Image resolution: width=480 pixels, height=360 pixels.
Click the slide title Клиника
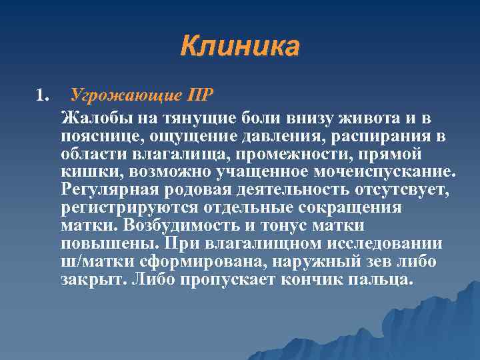pyautogui.click(x=240, y=47)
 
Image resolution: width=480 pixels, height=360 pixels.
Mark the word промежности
pyautogui.click(x=293, y=154)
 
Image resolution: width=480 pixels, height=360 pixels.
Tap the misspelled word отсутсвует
pyautogui.click(x=394, y=190)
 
